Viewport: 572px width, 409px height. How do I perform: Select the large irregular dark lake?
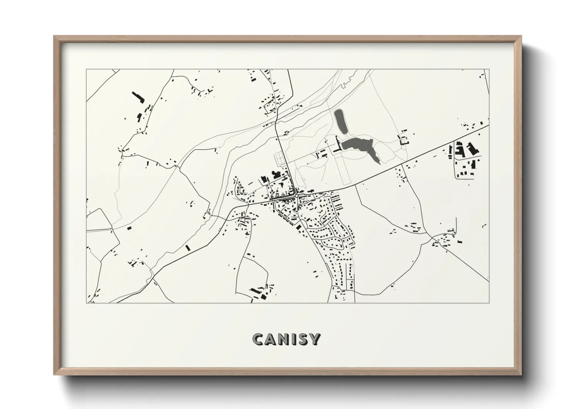point(357,144)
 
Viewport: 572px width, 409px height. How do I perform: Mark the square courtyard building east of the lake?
point(404,140)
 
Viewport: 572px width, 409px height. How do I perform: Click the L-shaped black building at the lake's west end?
point(339,145)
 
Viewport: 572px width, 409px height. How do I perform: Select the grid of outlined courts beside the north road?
point(279,158)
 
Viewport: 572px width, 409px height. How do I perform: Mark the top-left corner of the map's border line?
point(87,70)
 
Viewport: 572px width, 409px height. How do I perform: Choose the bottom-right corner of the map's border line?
point(489,303)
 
